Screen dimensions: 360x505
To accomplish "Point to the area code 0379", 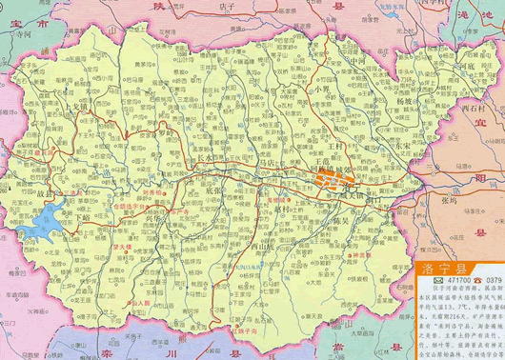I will pos(492,281).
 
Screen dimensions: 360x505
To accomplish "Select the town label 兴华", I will pos(153,219).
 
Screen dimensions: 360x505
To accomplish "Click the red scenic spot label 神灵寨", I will pos(360,256).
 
